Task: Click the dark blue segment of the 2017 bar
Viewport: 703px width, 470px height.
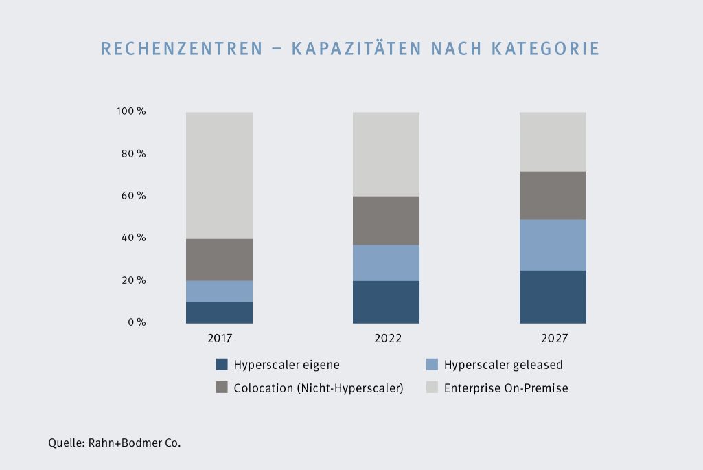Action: pos(219,312)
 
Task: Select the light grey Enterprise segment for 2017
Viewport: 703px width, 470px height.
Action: pos(219,175)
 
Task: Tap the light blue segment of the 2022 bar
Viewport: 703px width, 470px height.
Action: pos(386,262)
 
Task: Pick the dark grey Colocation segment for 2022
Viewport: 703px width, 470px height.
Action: pos(386,221)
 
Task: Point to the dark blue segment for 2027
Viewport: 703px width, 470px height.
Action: pos(553,296)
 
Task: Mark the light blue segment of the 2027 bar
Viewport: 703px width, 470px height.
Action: pos(553,245)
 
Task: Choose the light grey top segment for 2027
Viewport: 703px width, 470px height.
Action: pos(553,142)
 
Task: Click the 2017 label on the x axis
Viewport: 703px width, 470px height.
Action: pos(220,339)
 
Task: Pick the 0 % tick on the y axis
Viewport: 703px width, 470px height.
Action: pos(137,322)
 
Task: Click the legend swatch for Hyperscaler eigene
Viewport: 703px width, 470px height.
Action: pos(222,365)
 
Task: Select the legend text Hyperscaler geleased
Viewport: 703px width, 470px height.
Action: pos(503,365)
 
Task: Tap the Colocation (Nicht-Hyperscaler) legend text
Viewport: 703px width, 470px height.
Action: pos(318,388)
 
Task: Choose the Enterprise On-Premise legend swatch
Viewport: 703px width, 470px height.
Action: pos(433,388)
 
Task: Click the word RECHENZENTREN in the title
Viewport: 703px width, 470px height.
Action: pos(182,49)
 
